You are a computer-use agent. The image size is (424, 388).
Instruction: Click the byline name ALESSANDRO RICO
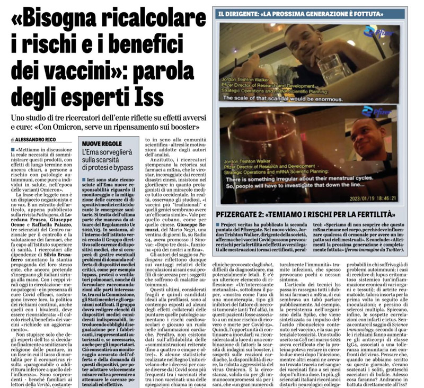pyautogui.click(x=37, y=139)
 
